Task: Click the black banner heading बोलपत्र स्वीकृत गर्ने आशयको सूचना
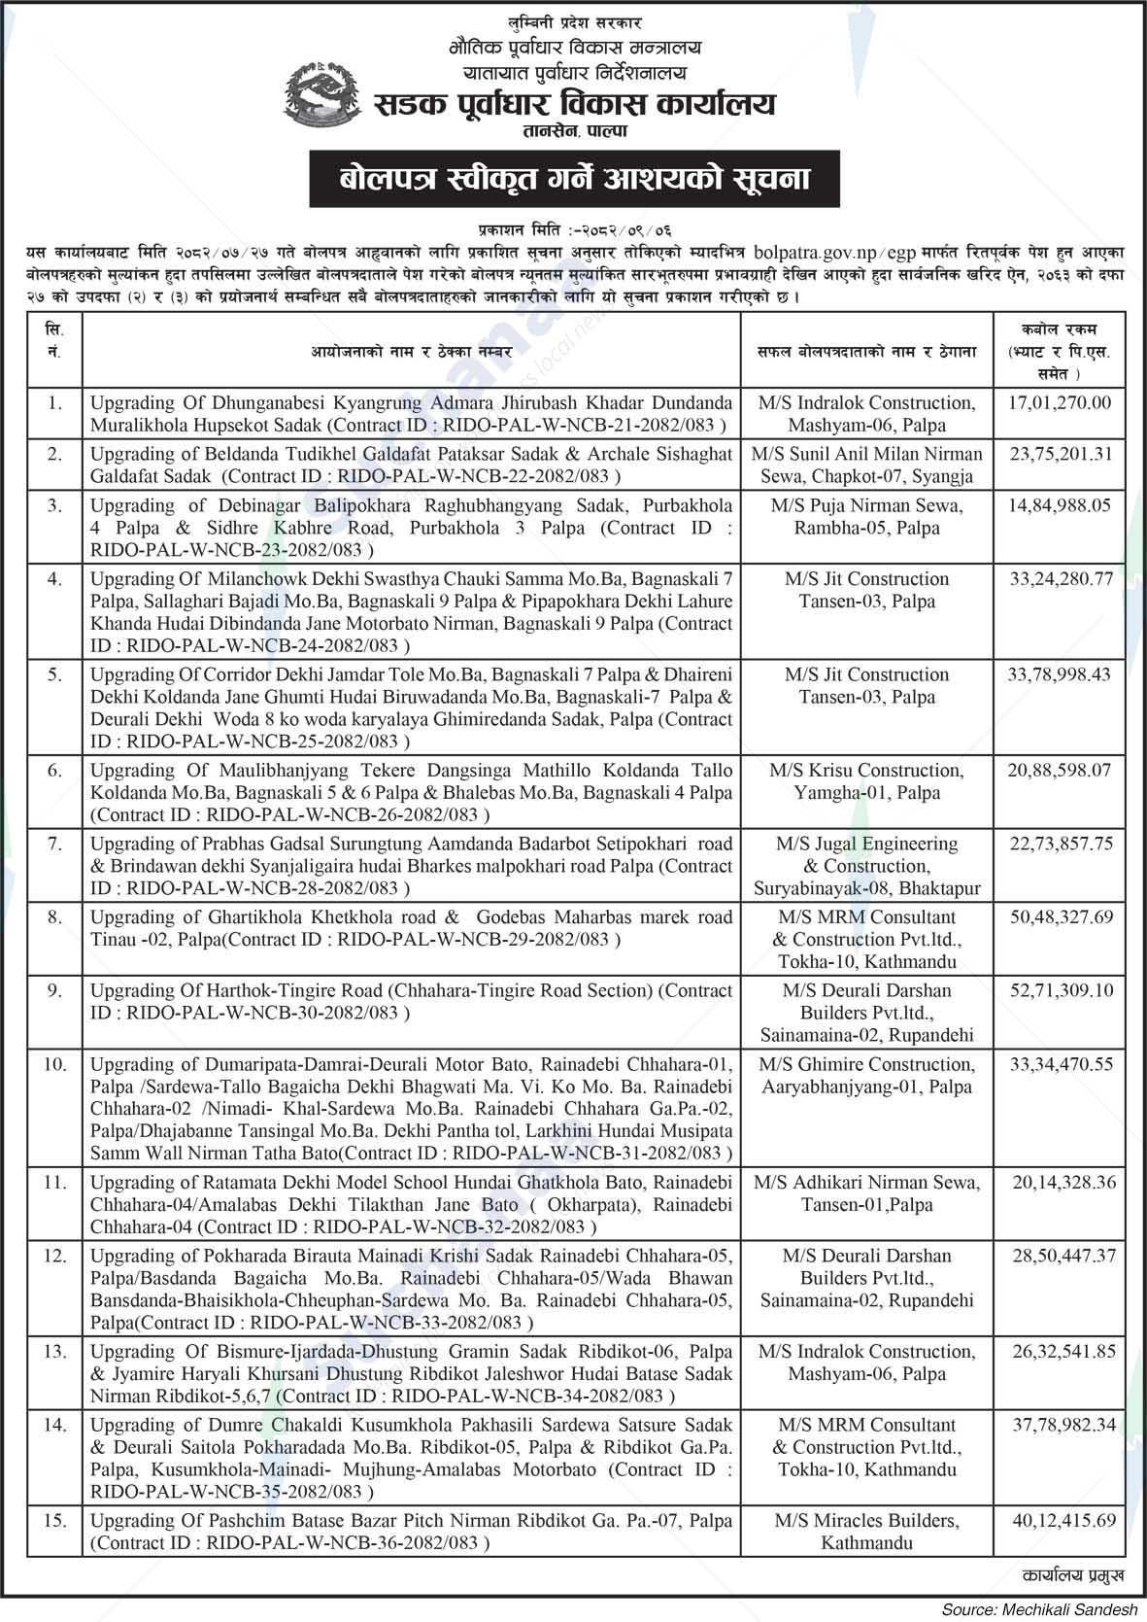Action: click(574, 179)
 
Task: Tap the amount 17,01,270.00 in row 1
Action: click(1060, 402)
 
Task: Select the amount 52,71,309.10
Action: click(1060, 990)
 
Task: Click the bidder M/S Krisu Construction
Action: click(866, 771)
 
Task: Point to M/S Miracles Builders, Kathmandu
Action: click(866, 1532)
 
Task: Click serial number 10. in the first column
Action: click(54, 1064)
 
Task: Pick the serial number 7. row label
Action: click(54, 844)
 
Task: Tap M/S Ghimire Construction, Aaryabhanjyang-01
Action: click(866, 1076)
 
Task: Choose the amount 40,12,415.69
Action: click(1060, 1520)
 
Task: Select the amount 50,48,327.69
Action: click(1060, 916)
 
